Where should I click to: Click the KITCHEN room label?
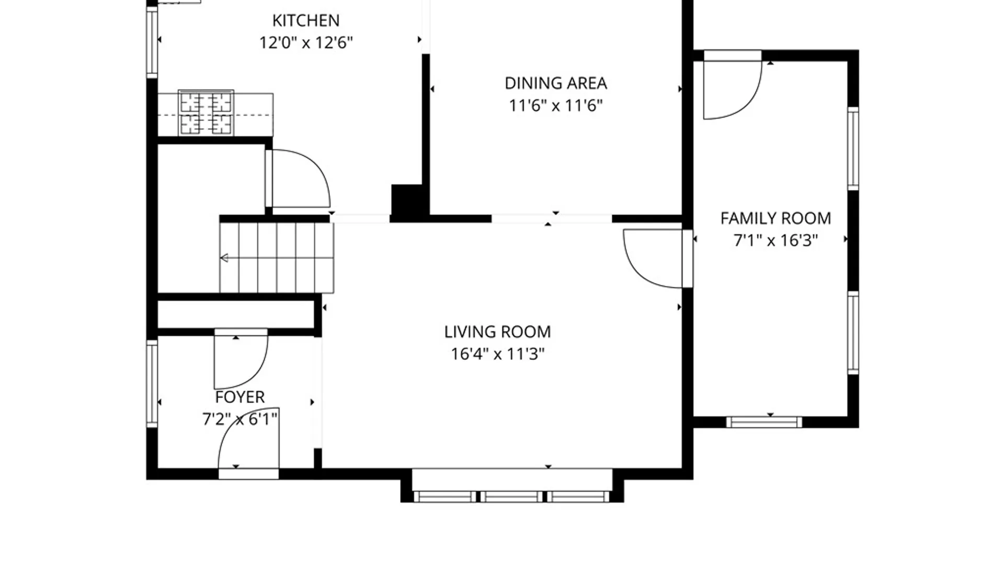point(306,20)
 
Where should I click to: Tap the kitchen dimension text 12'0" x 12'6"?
point(306,42)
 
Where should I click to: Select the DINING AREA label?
point(556,83)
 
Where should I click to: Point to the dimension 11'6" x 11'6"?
point(556,105)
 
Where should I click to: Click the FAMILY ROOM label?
point(775,218)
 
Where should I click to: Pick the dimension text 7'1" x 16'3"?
point(775,240)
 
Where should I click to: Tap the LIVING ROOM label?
point(497,332)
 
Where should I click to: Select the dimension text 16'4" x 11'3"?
point(497,354)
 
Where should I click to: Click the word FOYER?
point(240,397)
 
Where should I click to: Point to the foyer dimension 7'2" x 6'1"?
point(240,419)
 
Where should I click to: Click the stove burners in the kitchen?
point(206,113)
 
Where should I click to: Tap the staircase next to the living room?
point(277,258)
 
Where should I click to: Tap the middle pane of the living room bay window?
point(511,497)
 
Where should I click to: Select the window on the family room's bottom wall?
point(764,422)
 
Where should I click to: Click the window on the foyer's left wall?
point(152,383)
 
